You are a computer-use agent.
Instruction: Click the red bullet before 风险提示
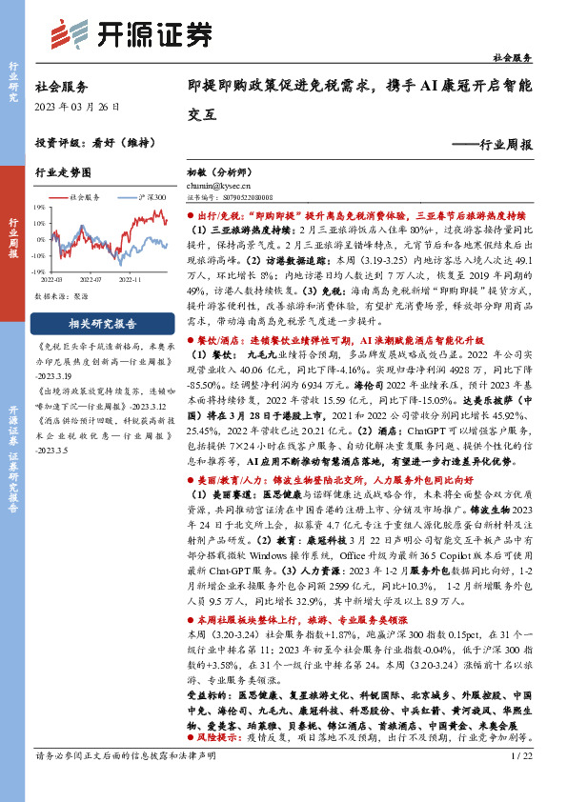pyautogui.click(x=190, y=763)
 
